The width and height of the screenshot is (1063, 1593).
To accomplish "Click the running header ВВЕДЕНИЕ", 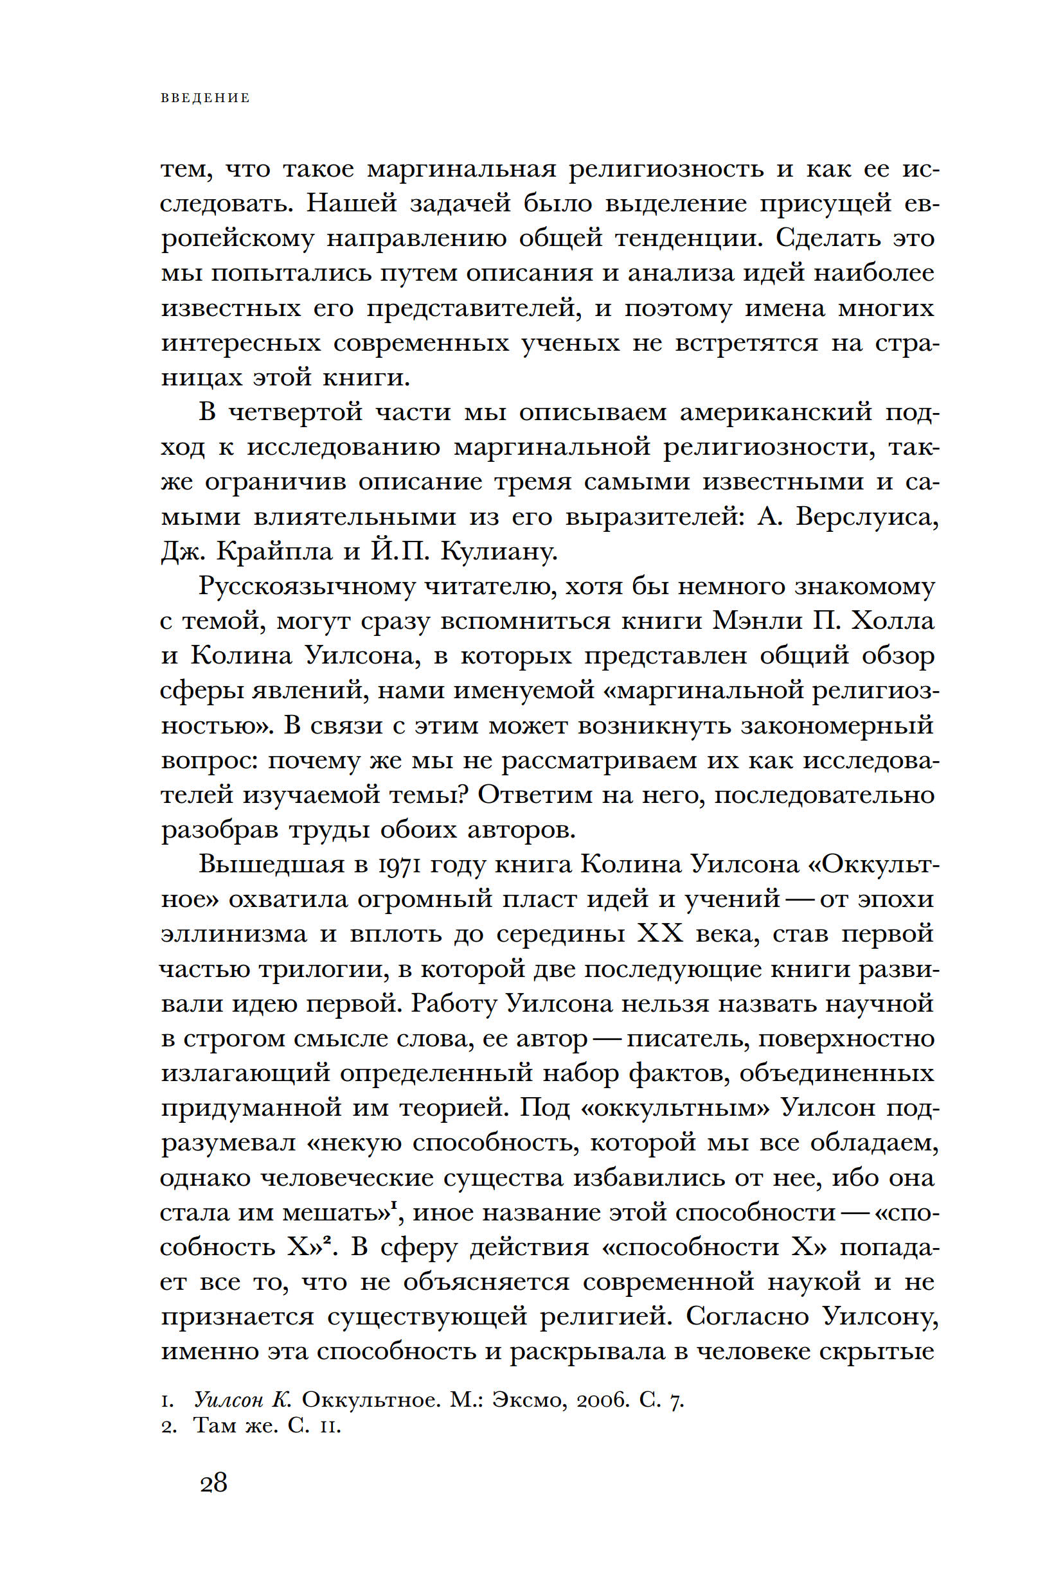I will [x=206, y=98].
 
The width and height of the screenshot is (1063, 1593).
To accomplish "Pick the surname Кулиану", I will [x=499, y=552].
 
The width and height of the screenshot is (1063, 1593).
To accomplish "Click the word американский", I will [x=776, y=412].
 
